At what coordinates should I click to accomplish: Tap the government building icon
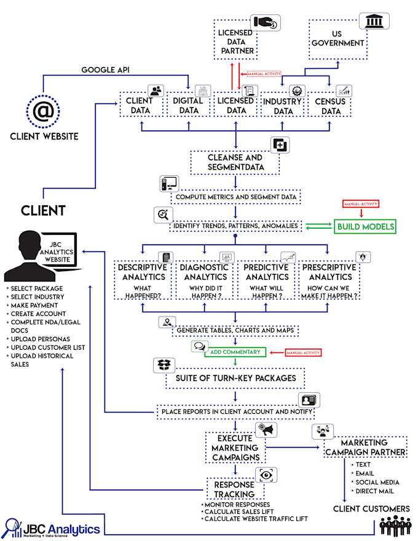pos(373,23)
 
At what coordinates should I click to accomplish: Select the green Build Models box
pos(365,227)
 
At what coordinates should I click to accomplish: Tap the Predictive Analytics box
pos(266,281)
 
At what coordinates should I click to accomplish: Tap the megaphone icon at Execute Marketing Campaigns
pos(268,429)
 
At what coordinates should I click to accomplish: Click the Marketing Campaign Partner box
pos(364,447)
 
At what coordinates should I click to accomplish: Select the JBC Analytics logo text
pos(61,529)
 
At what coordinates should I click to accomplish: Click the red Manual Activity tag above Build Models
pos(360,203)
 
